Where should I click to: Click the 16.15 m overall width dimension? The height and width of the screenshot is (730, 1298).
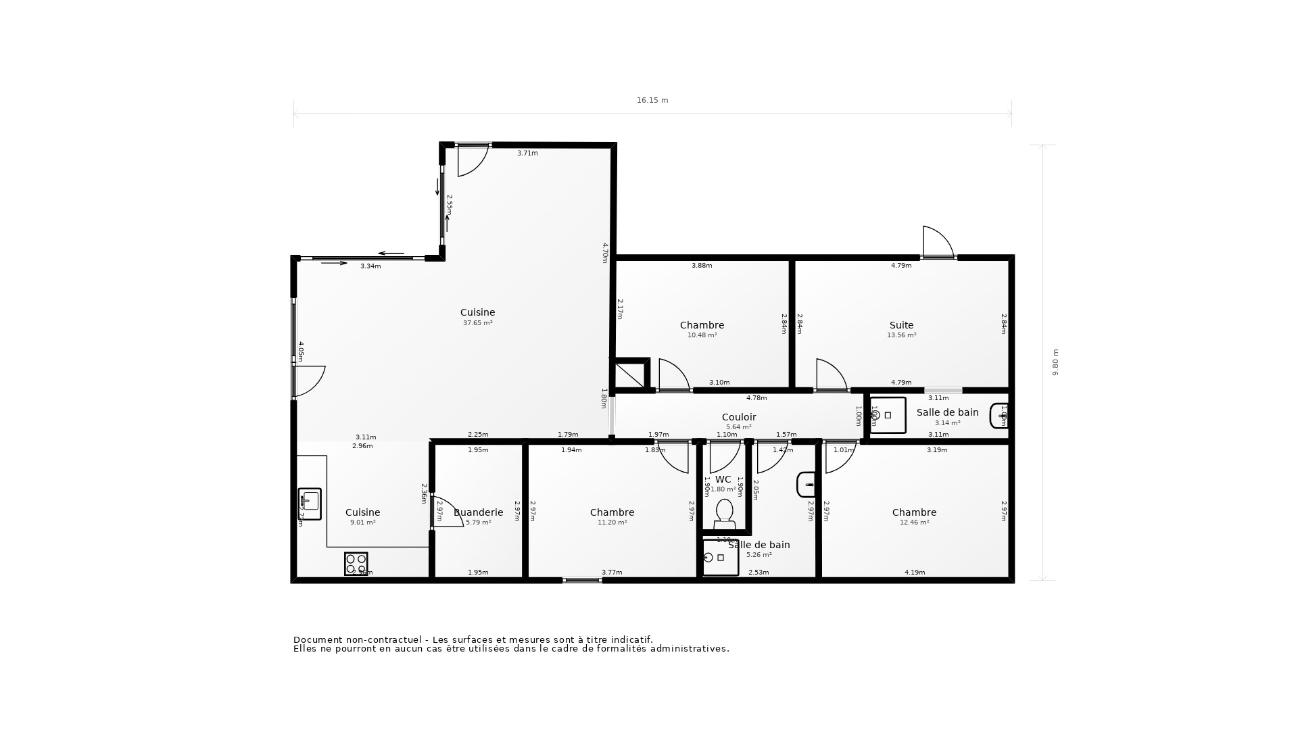(x=652, y=101)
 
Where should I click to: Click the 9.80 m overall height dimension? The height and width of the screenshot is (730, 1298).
(x=1055, y=362)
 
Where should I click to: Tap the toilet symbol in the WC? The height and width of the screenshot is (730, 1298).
(x=724, y=514)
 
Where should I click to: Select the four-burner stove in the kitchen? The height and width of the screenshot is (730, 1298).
(x=356, y=564)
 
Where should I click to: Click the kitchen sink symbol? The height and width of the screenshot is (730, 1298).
(x=310, y=504)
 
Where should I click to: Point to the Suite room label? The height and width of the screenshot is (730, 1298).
(x=901, y=325)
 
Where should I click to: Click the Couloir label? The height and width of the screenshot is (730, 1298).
(x=738, y=417)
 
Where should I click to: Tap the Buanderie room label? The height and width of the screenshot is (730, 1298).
(x=479, y=512)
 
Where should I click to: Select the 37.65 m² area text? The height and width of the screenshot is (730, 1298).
(x=477, y=323)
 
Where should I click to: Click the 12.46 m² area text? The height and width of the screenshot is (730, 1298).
(x=914, y=522)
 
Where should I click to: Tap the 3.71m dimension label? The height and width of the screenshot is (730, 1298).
(x=527, y=153)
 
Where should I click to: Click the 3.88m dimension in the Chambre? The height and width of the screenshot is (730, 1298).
(x=701, y=266)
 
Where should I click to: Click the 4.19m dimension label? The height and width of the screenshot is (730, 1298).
(x=914, y=573)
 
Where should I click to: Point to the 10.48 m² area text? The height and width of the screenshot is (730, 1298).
(x=702, y=335)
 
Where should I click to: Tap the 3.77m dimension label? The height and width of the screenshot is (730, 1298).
(x=612, y=573)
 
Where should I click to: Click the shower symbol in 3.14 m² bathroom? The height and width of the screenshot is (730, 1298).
(x=887, y=415)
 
